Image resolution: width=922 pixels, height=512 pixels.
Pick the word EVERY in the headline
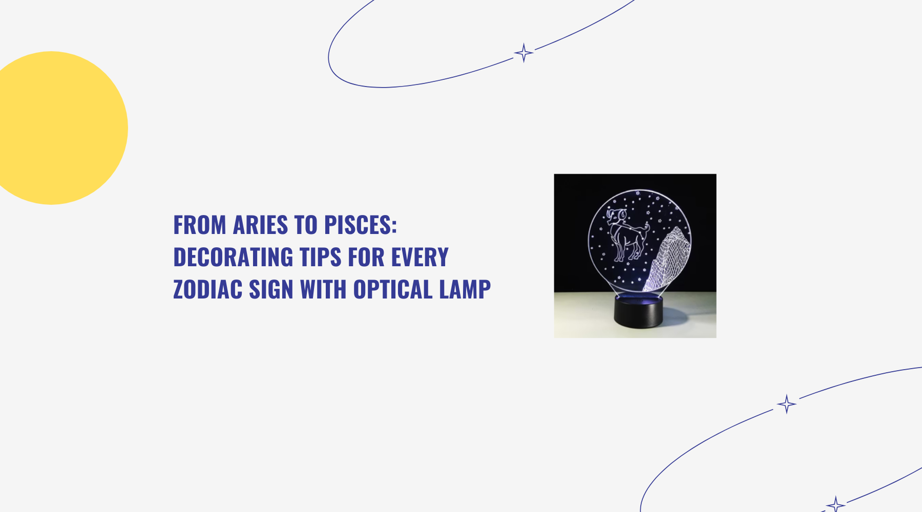420,257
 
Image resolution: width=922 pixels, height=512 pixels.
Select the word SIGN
271,289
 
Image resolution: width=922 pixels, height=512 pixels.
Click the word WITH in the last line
323,289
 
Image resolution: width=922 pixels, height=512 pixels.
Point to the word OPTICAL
393,289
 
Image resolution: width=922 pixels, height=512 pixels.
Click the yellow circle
56,128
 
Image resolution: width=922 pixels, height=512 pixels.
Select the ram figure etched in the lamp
626,233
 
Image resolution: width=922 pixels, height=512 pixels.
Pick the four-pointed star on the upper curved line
523,53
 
